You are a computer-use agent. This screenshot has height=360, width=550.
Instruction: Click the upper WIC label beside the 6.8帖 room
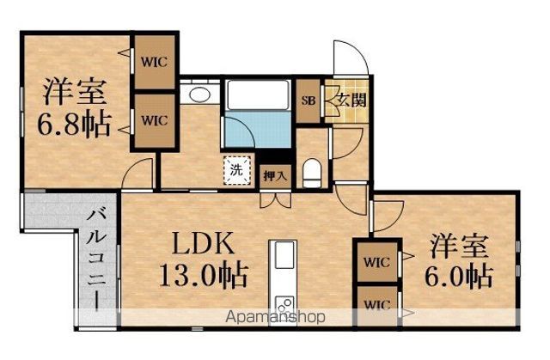pyautogui.click(x=155, y=62)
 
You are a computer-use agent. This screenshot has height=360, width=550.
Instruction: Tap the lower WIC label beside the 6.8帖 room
pyautogui.click(x=155, y=120)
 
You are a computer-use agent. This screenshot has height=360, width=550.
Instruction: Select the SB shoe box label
pyautogui.click(x=309, y=101)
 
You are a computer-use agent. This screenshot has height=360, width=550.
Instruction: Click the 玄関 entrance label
pyautogui.click(x=351, y=100)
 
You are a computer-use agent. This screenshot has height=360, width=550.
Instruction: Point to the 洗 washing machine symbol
pyautogui.click(x=237, y=170)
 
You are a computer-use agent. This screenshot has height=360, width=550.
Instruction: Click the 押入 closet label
pyautogui.click(x=275, y=175)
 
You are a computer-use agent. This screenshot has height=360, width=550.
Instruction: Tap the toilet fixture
pyautogui.click(x=312, y=173)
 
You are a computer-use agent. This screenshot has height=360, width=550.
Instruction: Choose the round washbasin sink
pyautogui.click(x=199, y=94)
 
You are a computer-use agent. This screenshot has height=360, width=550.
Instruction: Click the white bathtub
pyautogui.click(x=258, y=95)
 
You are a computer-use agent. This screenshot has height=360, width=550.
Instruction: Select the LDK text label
pyautogui.click(x=204, y=243)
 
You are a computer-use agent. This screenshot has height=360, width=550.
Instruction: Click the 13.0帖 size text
pyautogui.click(x=204, y=274)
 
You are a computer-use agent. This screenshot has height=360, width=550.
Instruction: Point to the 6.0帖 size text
pyautogui.click(x=459, y=276)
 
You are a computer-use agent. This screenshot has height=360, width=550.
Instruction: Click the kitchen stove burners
pyautogui.click(x=284, y=305)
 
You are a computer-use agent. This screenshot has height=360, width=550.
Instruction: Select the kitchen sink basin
pyautogui.click(x=284, y=255)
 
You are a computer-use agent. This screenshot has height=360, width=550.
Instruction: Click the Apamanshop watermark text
pyautogui.click(x=275, y=317)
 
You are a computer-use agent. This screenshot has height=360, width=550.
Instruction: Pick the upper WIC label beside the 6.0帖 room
pyautogui.click(x=377, y=262)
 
